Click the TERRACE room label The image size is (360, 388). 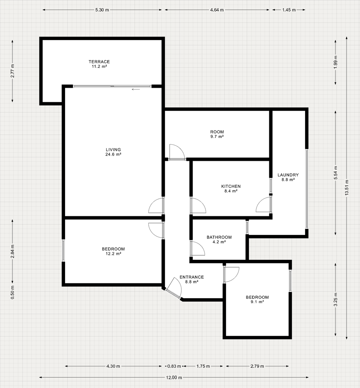pyautogui.click(x=99, y=64)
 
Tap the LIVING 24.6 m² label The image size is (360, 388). pyautogui.click(x=114, y=152)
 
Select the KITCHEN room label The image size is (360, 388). pyautogui.click(x=231, y=189)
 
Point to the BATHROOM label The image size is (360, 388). pyautogui.click(x=219, y=239)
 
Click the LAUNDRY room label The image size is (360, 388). pyautogui.click(x=288, y=177)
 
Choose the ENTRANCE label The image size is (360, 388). pyautogui.click(x=192, y=280)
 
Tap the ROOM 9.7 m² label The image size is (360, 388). pyautogui.click(x=217, y=134)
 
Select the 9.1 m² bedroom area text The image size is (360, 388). pyautogui.click(x=257, y=302)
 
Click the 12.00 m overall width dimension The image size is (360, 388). pyautogui.click(x=174, y=377)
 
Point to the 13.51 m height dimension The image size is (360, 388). pyautogui.click(x=347, y=187)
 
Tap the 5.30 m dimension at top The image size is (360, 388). pyautogui.click(x=102, y=10)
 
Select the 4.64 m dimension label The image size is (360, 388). pyautogui.click(x=217, y=10)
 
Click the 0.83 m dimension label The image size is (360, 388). pyautogui.click(x=174, y=366)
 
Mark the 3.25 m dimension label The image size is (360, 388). pyautogui.click(x=335, y=300)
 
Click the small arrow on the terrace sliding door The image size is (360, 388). pyautogui.click(x=136, y=89)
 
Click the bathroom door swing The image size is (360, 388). pyautogui.click(x=198, y=249)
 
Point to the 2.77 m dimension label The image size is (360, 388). pyautogui.click(x=12, y=71)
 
